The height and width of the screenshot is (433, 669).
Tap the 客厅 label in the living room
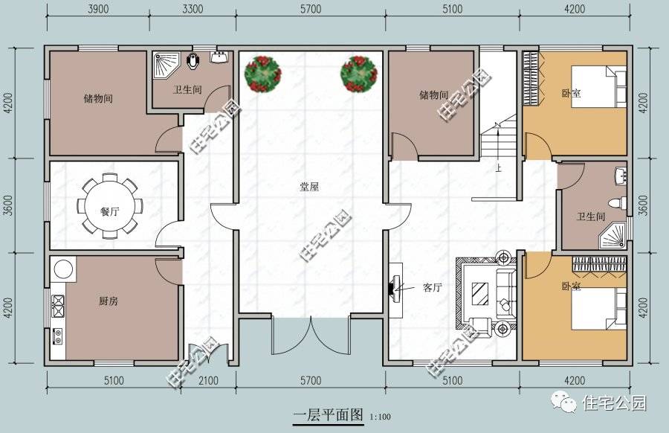[x=433, y=287]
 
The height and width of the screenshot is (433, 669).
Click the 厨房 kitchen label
[x=108, y=301]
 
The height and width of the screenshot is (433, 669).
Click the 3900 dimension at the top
[x=98, y=9]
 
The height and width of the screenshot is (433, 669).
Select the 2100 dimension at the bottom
[x=210, y=381]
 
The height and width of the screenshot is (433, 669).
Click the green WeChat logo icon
[x=568, y=403]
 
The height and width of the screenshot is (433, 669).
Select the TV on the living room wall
[x=393, y=287]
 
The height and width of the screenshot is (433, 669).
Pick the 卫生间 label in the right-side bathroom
[x=591, y=216]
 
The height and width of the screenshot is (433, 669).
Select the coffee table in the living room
[x=480, y=293]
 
